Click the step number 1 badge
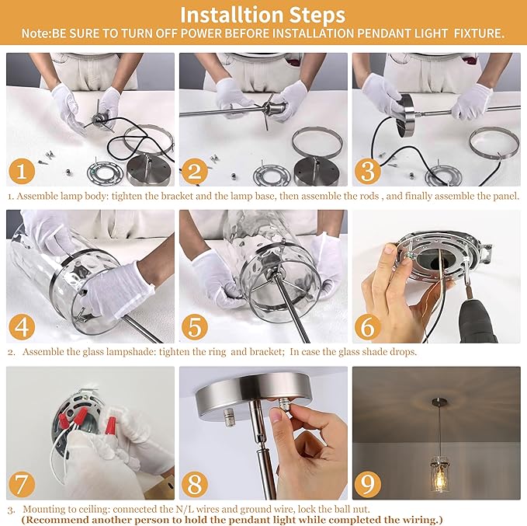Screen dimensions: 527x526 click(22, 171)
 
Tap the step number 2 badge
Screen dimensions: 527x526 click(195, 171)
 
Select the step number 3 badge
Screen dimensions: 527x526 click(367, 171)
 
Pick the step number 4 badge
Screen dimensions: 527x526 click(22, 327)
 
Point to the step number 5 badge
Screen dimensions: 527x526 click(195, 327)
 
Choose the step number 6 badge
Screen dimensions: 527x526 click(367, 327)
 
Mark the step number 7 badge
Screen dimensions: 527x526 click(22, 484)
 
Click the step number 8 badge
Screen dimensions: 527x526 click(195, 484)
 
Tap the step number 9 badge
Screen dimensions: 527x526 click(367, 484)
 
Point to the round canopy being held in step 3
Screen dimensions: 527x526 click(404, 116)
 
